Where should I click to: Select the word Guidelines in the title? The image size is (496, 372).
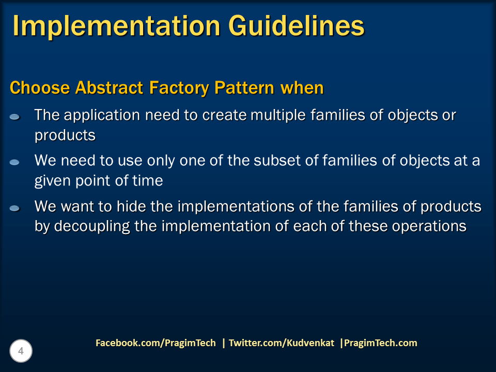[x=297, y=25]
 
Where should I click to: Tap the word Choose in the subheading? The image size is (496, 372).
[x=40, y=88]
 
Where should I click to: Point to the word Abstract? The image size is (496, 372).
[x=109, y=88]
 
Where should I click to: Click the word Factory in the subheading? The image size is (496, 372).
[x=179, y=88]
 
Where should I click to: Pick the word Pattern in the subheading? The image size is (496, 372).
[x=244, y=88]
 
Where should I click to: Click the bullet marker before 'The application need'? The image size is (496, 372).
[x=14, y=117]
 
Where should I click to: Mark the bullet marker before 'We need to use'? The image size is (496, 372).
[x=14, y=162]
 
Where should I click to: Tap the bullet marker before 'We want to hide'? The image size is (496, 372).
[x=14, y=208]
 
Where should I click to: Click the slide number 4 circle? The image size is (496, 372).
[x=21, y=351]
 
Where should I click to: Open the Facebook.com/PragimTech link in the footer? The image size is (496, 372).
[x=156, y=343]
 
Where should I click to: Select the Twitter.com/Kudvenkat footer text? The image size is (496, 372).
[x=281, y=343]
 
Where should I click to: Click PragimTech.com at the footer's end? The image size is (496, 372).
[x=381, y=343]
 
